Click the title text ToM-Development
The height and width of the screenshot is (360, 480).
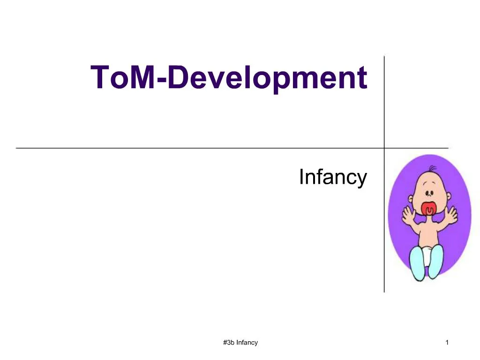click(x=229, y=78)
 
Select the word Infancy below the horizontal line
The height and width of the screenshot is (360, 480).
click(x=332, y=178)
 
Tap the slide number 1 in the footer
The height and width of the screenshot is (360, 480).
click(x=447, y=343)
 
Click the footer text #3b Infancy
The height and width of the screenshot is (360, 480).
click(x=241, y=343)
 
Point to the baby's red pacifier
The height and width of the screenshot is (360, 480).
click(x=429, y=210)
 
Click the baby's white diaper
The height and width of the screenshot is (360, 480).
click(x=427, y=255)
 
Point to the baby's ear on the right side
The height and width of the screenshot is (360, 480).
click(x=444, y=190)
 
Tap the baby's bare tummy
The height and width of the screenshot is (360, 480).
click(x=427, y=234)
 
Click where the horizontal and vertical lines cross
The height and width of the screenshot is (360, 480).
click(x=384, y=148)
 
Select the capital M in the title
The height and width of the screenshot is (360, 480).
click(x=142, y=77)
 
